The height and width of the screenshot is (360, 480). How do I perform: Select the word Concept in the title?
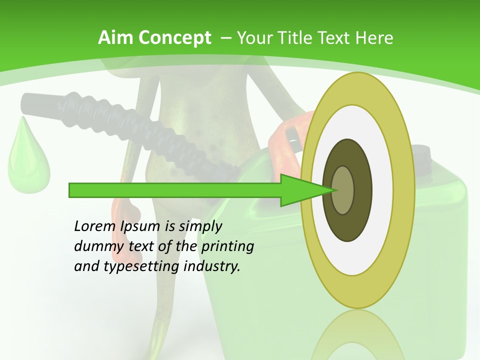pos(174,38)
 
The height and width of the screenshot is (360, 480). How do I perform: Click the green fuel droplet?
pos(28,160)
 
